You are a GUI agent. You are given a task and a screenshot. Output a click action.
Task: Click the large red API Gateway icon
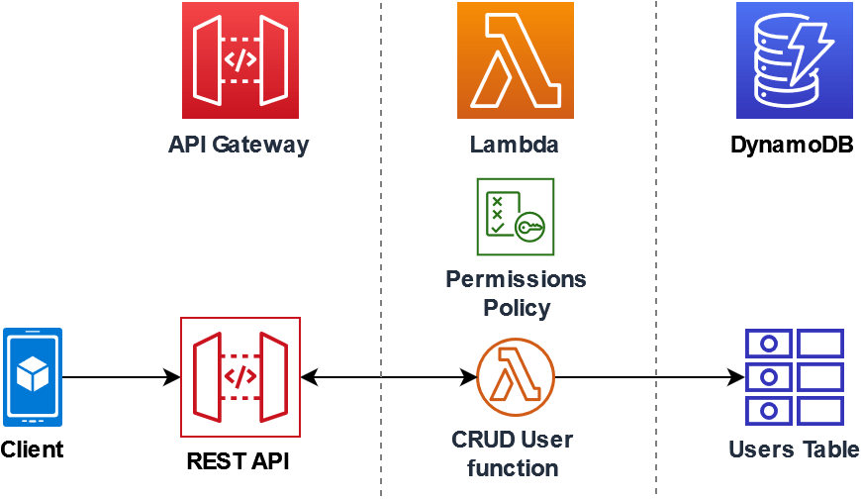(x=240, y=60)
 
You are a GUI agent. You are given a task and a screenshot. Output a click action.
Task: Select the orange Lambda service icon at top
(x=516, y=60)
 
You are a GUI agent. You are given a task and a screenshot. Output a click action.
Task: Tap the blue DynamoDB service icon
(x=795, y=60)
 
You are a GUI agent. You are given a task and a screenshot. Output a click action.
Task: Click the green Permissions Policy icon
(x=516, y=217)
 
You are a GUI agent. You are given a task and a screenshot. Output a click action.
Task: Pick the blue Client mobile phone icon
(x=33, y=377)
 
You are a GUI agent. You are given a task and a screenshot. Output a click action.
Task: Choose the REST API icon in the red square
(x=240, y=377)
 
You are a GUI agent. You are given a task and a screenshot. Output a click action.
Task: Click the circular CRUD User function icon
(x=516, y=377)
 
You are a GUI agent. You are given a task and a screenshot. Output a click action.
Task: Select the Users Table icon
(x=794, y=377)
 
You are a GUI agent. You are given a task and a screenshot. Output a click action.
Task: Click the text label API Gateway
(x=239, y=145)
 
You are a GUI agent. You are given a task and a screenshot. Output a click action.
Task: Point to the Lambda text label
(x=515, y=145)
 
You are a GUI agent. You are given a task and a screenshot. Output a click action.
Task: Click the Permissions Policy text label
(x=516, y=293)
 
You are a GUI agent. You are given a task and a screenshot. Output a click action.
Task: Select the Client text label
(x=32, y=449)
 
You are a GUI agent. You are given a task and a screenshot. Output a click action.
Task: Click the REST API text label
(x=239, y=461)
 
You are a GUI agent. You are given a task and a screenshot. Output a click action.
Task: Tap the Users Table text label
(x=794, y=449)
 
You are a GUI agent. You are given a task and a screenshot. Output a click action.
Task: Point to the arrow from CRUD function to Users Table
(x=648, y=377)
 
